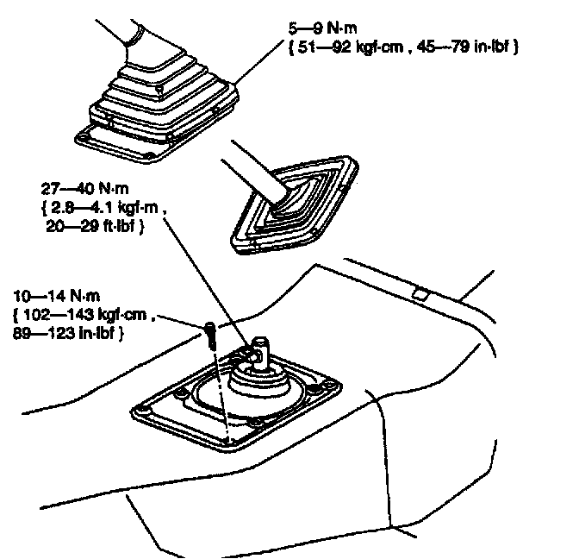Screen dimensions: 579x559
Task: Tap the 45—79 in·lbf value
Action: (x=466, y=48)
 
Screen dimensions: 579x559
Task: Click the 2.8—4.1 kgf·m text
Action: (x=103, y=208)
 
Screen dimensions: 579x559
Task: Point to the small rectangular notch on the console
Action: (x=420, y=293)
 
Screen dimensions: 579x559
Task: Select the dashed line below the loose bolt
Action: (x=219, y=388)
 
